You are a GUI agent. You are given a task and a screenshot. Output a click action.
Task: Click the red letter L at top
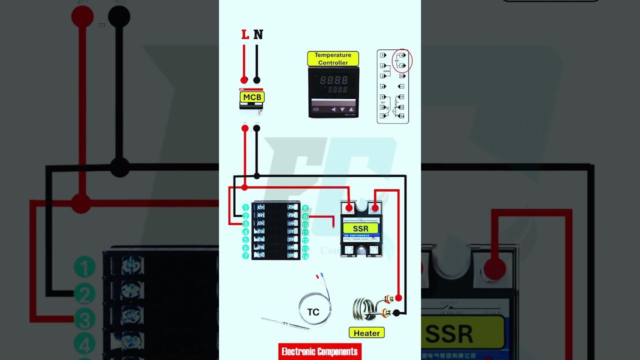pyautogui.click(x=245, y=34)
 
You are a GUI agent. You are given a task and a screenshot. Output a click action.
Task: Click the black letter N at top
pyautogui.click(x=258, y=34)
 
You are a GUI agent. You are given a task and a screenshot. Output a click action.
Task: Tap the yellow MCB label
pyautogui.click(x=252, y=97)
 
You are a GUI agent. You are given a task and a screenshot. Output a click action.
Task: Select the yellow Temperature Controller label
pyautogui.click(x=333, y=58)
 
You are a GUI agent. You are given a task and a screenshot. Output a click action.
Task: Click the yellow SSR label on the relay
pyautogui.click(x=360, y=228)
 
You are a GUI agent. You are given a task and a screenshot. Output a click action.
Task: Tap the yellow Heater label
pyautogui.click(x=366, y=333)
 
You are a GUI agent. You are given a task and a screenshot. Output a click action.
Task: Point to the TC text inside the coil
pyautogui.click(x=313, y=312)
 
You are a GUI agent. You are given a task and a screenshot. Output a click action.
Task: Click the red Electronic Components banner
pyautogui.click(x=319, y=351)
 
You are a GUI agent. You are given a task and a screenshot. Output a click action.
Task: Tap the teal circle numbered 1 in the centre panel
pyautogui.click(x=245, y=207)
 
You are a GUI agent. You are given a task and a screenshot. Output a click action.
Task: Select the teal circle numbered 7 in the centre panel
pyautogui.click(x=245, y=255)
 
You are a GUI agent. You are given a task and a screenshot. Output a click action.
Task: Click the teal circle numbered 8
pyautogui.click(x=305, y=208)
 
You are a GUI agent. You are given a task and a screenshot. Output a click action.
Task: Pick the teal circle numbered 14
pyautogui.click(x=305, y=256)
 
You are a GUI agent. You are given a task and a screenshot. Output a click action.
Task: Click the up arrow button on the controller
pyautogui.click(x=351, y=109)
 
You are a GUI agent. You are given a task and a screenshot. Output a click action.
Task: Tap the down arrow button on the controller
pyautogui.click(x=342, y=109)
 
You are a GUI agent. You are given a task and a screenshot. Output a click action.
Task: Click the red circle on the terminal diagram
pyautogui.click(x=402, y=61)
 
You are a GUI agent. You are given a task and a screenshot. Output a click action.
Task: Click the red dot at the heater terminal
pyautogui.click(x=398, y=298)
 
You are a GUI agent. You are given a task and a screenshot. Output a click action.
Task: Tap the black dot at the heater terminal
pyautogui.click(x=396, y=313)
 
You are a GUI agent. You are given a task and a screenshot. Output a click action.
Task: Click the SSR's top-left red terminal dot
pyautogui.click(x=349, y=207)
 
